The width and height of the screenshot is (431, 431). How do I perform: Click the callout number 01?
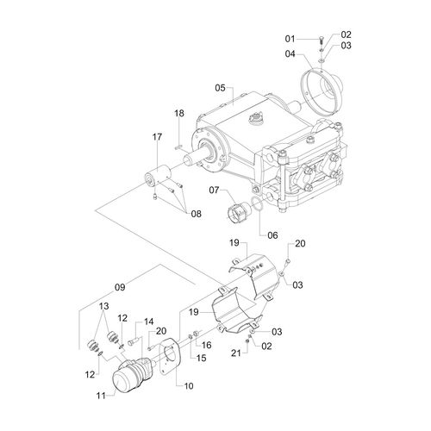(290, 39)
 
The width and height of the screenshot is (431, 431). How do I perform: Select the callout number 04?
(290, 53)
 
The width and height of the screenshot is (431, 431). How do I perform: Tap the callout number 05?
(221, 88)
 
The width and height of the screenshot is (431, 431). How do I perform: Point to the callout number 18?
(179, 113)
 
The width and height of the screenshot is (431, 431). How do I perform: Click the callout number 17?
(157, 137)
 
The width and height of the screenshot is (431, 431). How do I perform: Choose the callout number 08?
(197, 214)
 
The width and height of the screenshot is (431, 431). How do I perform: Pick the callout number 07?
(214, 190)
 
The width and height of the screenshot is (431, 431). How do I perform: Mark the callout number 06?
(272, 235)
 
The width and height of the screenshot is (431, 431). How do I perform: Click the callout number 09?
(120, 287)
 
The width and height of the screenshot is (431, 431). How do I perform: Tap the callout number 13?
(104, 306)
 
